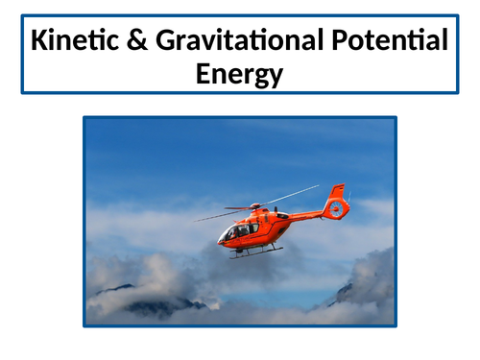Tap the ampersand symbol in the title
[138, 43]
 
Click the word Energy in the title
[240, 74]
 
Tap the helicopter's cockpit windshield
[230, 231]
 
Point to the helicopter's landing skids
[253, 253]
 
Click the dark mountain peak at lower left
[125, 287]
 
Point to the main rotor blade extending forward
[216, 215]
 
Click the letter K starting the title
[37, 43]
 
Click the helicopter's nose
[220, 238]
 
